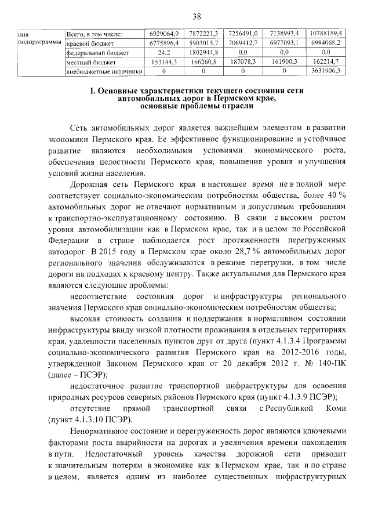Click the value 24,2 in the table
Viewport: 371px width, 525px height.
click(x=163, y=52)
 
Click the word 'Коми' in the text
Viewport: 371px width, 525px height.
click(x=335, y=409)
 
